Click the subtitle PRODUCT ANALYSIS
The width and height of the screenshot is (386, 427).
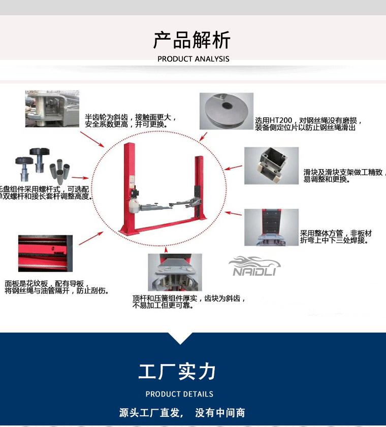click(193, 59)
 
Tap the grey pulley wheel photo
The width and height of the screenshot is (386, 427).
click(226, 111)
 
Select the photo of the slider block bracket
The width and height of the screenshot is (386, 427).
click(271, 166)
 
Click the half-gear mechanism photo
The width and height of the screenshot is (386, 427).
click(52, 109)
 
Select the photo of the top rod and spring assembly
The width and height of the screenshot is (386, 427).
click(175, 272)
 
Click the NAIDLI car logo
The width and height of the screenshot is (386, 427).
click(254, 267)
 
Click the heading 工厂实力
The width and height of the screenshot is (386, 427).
click(178, 372)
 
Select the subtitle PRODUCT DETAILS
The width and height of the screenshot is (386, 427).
click(179, 394)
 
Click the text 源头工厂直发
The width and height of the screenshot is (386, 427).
click(150, 413)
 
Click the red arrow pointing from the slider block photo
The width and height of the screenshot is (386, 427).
click(234, 167)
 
